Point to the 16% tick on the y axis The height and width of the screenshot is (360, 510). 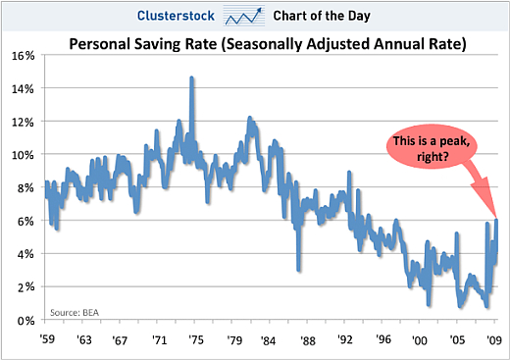click(24, 55)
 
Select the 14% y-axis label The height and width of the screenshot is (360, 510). click(24, 88)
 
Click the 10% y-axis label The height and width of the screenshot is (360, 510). click(24, 155)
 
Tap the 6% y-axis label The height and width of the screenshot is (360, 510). click(26, 221)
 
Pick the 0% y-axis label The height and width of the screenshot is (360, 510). click(26, 321)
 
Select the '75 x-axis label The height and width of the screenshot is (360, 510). click(196, 340)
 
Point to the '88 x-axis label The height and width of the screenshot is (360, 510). click(308, 340)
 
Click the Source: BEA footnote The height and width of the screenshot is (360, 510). click(73, 312)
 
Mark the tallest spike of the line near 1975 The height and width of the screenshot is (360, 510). click(191, 77)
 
